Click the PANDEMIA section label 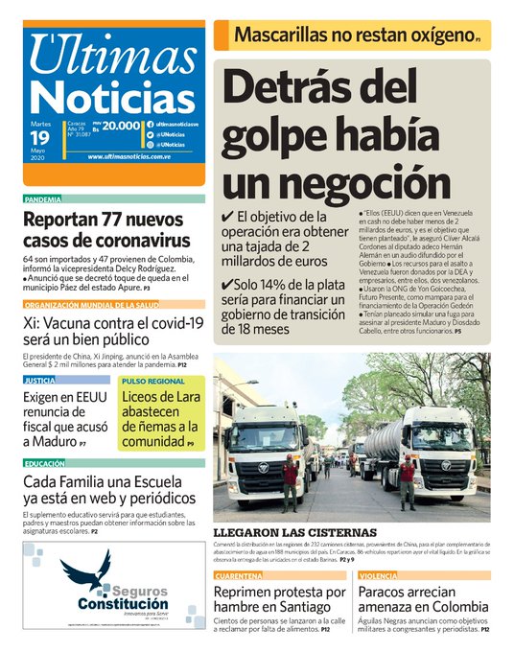click(x=42, y=199)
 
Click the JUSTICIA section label click(x=39, y=381)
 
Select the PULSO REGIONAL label click(x=153, y=381)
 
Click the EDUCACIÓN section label click(x=45, y=463)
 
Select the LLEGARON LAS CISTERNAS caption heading click(x=294, y=532)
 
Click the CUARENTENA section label click(x=240, y=575)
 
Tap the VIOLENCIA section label click(x=380, y=575)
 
